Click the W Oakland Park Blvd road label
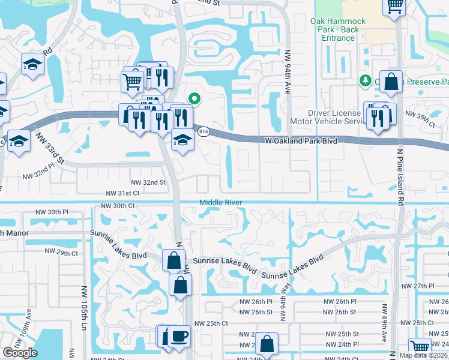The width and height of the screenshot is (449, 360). click(301, 140)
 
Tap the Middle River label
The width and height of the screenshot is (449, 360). click(220, 203)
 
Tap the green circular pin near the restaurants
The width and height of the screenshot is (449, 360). click(194, 99)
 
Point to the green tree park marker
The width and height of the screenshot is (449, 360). click(364, 80)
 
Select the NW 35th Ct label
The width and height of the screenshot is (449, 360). click(420, 118)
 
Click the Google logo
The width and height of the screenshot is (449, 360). click(20, 353)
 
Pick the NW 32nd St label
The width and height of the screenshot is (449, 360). click(148, 182)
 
